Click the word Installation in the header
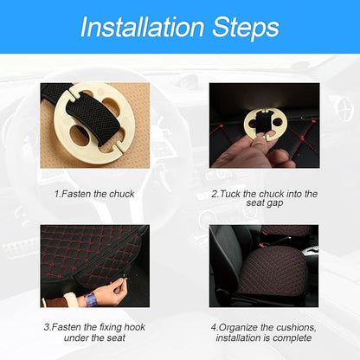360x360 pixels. tap(143, 27)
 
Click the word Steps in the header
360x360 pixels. tap(246, 28)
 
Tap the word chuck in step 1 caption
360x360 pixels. tap(122, 194)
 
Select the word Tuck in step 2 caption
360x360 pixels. tap(230, 194)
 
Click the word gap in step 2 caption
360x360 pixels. tap(275, 203)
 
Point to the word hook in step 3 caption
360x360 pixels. tap(135, 327)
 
